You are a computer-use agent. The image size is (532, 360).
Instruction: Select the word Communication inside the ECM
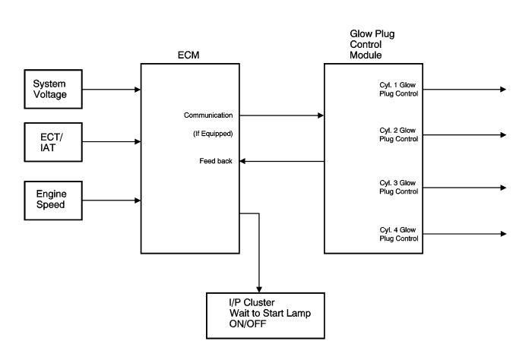click(207, 115)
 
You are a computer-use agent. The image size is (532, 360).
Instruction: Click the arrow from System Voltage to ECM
click(110, 89)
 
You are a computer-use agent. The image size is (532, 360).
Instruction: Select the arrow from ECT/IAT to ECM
click(110, 141)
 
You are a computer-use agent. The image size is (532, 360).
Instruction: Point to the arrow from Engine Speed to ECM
click(110, 201)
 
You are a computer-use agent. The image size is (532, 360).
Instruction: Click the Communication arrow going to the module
click(282, 115)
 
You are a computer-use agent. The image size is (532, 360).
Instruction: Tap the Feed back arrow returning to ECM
click(282, 161)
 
